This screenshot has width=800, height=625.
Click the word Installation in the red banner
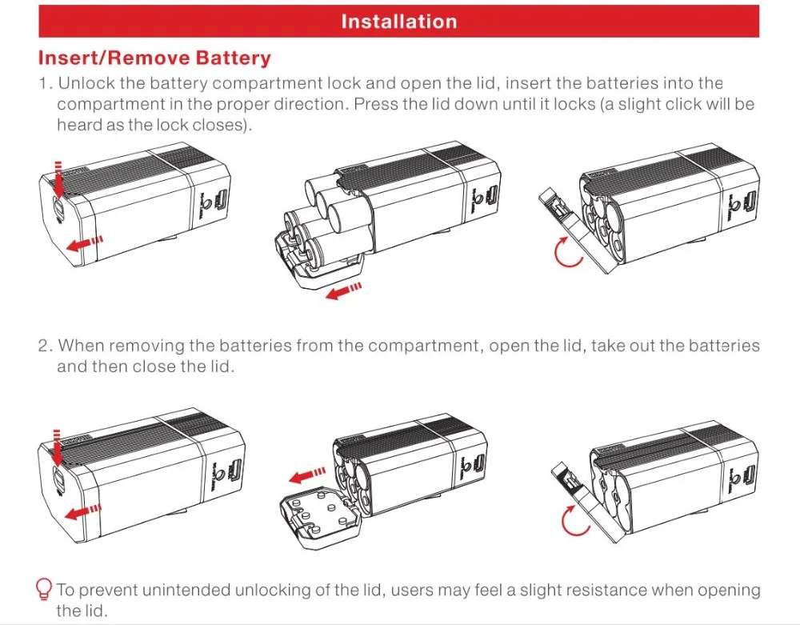pos(398,22)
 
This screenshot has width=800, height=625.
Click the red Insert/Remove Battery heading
pos(154,58)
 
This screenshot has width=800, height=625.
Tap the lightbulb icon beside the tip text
pos(45,590)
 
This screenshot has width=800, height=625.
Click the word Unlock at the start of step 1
pos(85,83)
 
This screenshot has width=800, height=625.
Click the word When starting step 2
pos(80,346)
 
